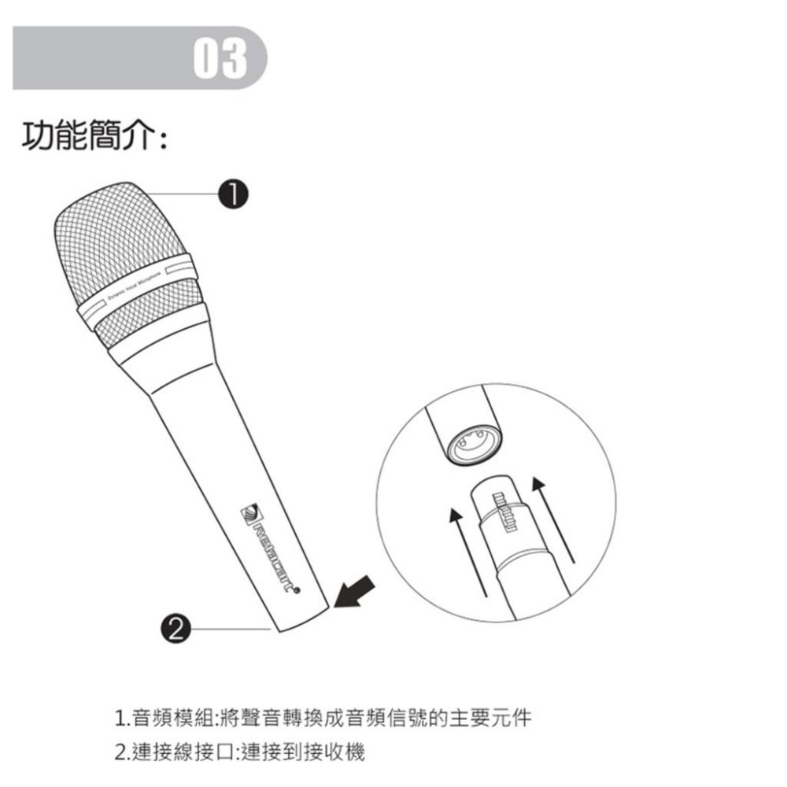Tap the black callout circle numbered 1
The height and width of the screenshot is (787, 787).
(234, 194)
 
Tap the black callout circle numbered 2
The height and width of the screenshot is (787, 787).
(176, 627)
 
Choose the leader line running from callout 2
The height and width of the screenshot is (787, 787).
(228, 628)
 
